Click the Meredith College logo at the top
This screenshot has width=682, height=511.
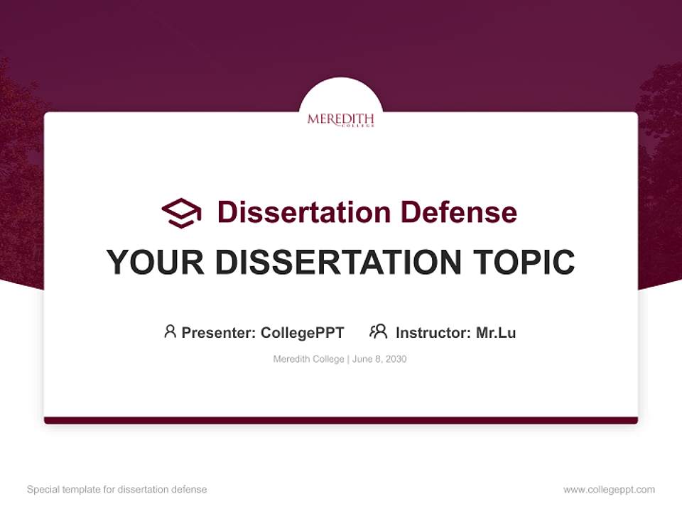pyautogui.click(x=340, y=120)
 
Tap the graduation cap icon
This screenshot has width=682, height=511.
pyautogui.click(x=181, y=212)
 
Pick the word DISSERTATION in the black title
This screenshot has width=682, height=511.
pyautogui.click(x=336, y=263)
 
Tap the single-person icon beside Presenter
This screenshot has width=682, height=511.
pyautogui.click(x=170, y=331)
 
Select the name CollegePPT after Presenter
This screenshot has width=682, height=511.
pyautogui.click(x=303, y=332)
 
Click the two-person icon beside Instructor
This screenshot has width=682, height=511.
pyautogui.click(x=378, y=331)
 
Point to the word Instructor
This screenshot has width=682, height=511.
pyautogui.click(x=433, y=332)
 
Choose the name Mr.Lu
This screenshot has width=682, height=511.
pyautogui.click(x=496, y=332)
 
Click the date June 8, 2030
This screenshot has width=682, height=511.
pyautogui.click(x=379, y=359)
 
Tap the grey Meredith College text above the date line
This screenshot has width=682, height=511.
pyautogui.click(x=308, y=359)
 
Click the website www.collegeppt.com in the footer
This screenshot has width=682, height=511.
pyautogui.click(x=609, y=490)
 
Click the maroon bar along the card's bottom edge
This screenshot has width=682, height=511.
pyautogui.click(x=340, y=420)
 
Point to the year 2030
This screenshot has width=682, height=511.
pyautogui.click(x=396, y=359)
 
